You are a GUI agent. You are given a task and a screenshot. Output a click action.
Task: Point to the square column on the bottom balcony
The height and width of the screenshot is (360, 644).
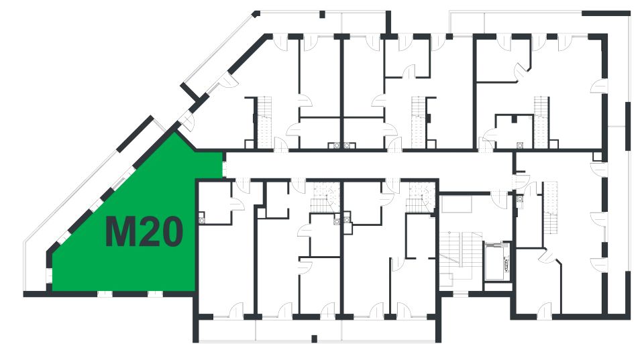coord(314,339)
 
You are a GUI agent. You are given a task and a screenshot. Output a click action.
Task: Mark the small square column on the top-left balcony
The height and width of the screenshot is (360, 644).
coord(323,14)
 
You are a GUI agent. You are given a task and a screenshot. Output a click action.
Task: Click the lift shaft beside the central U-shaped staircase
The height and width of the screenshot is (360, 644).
coord(496,262)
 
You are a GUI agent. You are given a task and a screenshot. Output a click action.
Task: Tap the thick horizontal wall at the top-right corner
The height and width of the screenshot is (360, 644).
coord(606,13)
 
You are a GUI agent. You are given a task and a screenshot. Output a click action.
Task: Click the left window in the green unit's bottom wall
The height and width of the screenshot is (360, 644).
coord(105,294)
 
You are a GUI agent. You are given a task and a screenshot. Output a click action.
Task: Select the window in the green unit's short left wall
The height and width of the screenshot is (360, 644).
coord(49,276)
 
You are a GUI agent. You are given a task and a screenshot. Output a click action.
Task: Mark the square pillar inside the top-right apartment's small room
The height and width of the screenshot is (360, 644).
coord(515,119)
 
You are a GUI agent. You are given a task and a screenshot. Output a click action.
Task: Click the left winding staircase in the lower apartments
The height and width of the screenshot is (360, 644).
coord(325,197)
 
